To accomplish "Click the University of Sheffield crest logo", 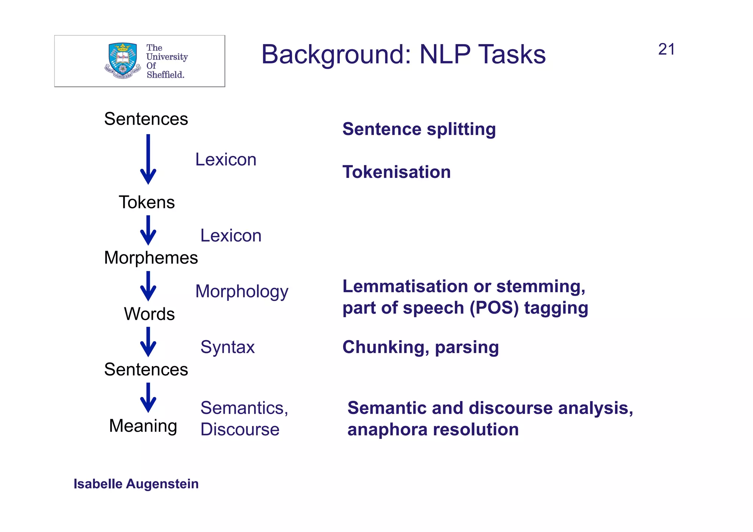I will tap(122, 61).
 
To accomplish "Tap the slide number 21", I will tap(666, 49).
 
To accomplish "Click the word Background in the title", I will tap(334, 54).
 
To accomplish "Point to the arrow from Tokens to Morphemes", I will tap(148, 230).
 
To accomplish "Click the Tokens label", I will tap(147, 202).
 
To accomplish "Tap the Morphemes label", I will tap(151, 257).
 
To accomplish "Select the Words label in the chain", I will tap(149, 314).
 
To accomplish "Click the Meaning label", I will tap(143, 426).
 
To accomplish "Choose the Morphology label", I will tap(242, 291).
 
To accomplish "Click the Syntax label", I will tap(227, 347).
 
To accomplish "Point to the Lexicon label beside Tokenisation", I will tap(225, 160).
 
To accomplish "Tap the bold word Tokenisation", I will tap(396, 172).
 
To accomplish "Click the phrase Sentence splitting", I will tap(419, 129).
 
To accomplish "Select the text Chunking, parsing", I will tap(420, 347).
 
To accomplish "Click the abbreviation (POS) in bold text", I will tap(494, 308).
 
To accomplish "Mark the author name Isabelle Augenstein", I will tap(136, 484).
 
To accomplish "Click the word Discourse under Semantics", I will tap(240, 429).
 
